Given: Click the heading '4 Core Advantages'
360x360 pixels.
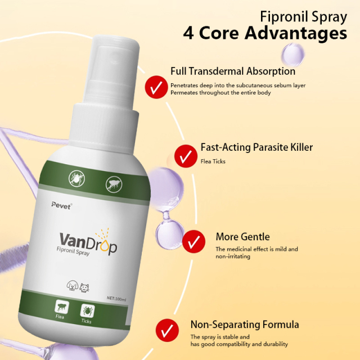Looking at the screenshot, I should [265, 33].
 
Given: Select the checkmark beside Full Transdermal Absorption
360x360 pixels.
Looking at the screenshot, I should [154, 86].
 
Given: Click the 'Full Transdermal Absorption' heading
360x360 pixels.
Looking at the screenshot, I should [232, 71].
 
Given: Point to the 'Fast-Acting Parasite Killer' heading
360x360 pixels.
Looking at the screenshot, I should [256, 147].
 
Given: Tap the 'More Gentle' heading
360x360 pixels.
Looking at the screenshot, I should [242, 236].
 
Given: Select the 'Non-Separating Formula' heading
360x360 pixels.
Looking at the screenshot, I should [245, 325].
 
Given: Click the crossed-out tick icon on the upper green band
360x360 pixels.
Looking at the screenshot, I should [75, 178].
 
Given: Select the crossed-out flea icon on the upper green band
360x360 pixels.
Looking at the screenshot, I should [112, 183].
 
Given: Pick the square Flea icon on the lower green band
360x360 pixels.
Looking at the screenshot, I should [60, 309].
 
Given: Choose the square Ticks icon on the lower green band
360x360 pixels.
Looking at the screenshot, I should [87, 311].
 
